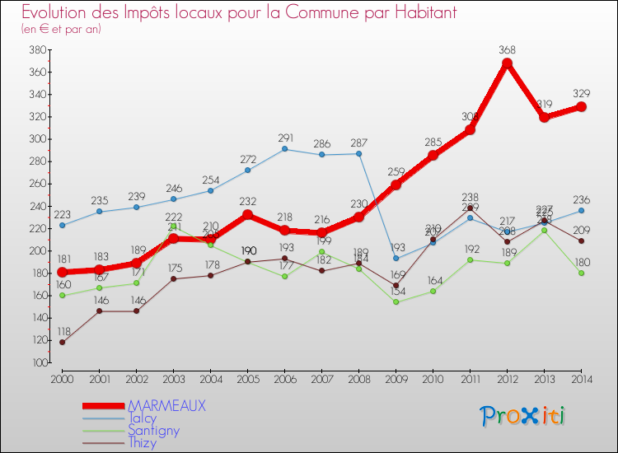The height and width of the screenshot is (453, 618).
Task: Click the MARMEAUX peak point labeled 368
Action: [x=508, y=63]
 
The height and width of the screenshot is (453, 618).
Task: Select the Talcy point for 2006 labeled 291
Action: [x=285, y=149]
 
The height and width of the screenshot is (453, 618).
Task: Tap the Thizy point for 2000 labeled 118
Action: [x=62, y=342]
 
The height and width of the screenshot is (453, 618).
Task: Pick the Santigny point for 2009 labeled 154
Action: [x=396, y=301]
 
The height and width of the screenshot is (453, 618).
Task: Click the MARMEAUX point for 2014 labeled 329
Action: [x=582, y=106]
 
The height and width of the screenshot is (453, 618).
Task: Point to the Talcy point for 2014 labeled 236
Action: [x=582, y=210]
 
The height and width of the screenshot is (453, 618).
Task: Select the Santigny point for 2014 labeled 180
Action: [x=582, y=273]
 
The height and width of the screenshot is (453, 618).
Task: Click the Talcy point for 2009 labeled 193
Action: [x=396, y=258]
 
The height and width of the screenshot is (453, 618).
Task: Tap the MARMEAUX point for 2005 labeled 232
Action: [x=247, y=215]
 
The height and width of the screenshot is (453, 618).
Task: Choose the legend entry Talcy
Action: [x=141, y=418]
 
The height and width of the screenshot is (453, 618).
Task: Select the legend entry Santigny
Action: [x=152, y=431]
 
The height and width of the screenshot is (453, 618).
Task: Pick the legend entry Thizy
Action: [x=141, y=443]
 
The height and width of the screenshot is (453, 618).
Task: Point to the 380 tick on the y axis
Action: [x=37, y=49]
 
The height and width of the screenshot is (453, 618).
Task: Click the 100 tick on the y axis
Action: [x=37, y=362]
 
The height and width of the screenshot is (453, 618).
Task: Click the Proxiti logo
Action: [x=523, y=417]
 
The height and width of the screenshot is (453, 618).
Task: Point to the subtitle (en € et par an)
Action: [x=61, y=29]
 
